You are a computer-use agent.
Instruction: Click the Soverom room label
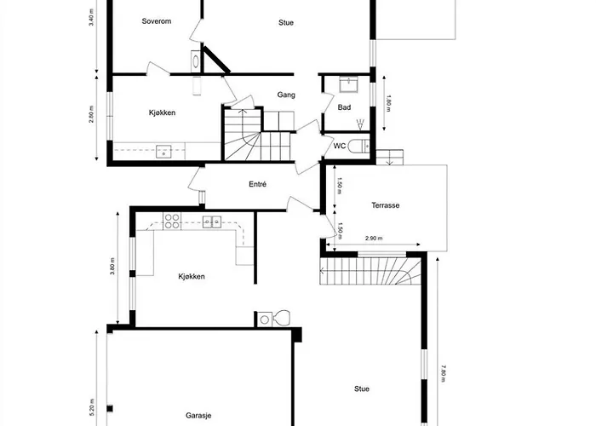tap(157, 22)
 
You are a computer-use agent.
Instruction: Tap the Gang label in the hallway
tap(286, 95)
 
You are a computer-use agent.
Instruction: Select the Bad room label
tap(344, 107)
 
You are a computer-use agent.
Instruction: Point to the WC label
tap(339, 145)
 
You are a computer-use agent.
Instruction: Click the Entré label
tap(258, 184)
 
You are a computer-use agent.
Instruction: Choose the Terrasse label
tap(386, 205)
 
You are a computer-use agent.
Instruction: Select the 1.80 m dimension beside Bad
tap(388, 102)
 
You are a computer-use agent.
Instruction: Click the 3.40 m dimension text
tap(91, 17)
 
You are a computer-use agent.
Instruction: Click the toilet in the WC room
tap(358, 145)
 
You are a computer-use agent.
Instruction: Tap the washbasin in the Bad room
tap(347, 84)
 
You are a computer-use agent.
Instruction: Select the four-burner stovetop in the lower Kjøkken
tap(172, 222)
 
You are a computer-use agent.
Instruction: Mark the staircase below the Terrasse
tap(372, 273)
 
